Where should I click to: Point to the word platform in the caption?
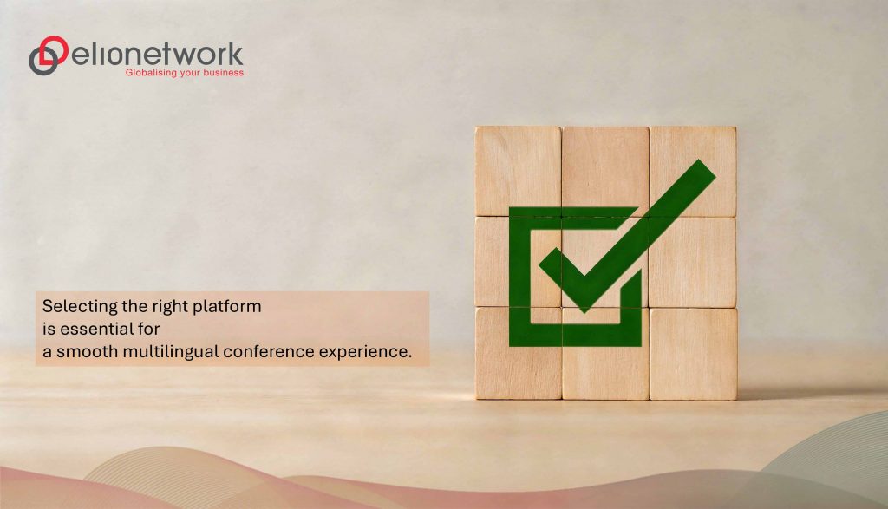pyautogui.click(x=232, y=306)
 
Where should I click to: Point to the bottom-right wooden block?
pyautogui.click(x=694, y=353)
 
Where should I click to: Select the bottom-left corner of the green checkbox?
pyautogui.click(x=514, y=339)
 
